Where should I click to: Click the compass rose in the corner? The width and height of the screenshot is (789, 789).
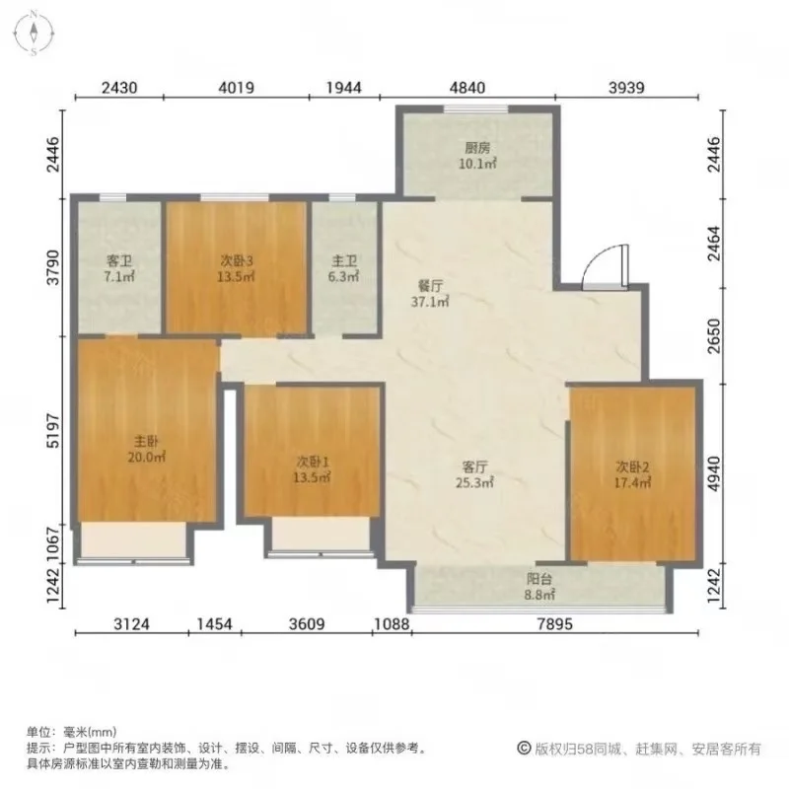pyautogui.click(x=34, y=34)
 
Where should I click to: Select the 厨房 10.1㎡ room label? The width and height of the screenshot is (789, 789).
pyautogui.click(x=477, y=156)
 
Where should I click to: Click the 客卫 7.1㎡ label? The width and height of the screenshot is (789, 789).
pyautogui.click(x=119, y=268)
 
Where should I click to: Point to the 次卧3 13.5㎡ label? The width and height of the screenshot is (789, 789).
pyautogui.click(x=236, y=268)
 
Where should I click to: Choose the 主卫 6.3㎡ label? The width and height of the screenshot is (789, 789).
pyautogui.click(x=344, y=268)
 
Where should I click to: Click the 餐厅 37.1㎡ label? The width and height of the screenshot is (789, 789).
pyautogui.click(x=430, y=294)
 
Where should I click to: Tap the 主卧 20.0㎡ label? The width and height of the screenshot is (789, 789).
pyautogui.click(x=146, y=450)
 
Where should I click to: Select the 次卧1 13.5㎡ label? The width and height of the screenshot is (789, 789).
pyautogui.click(x=312, y=469)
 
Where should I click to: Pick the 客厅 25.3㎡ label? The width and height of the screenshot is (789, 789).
pyautogui.click(x=474, y=474)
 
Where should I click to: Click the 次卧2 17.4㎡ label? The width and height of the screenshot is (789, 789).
pyautogui.click(x=632, y=474)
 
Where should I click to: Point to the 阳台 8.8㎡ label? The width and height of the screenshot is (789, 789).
pyautogui.click(x=539, y=587)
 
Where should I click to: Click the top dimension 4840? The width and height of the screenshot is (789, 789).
pyautogui.click(x=467, y=88)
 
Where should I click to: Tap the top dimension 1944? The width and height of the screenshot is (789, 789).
pyautogui.click(x=343, y=88)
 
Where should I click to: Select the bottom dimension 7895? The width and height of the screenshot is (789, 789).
pyautogui.click(x=554, y=624)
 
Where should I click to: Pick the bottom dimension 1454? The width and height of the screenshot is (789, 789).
pyautogui.click(x=214, y=624)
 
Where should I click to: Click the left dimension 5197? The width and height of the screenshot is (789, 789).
pyautogui.click(x=53, y=431)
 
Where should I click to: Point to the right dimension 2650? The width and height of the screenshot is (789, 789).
pyautogui.click(x=714, y=335)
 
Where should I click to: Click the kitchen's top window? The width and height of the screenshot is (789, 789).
pyautogui.click(x=475, y=108)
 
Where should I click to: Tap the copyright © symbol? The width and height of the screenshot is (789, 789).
pyautogui.click(x=524, y=749)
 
